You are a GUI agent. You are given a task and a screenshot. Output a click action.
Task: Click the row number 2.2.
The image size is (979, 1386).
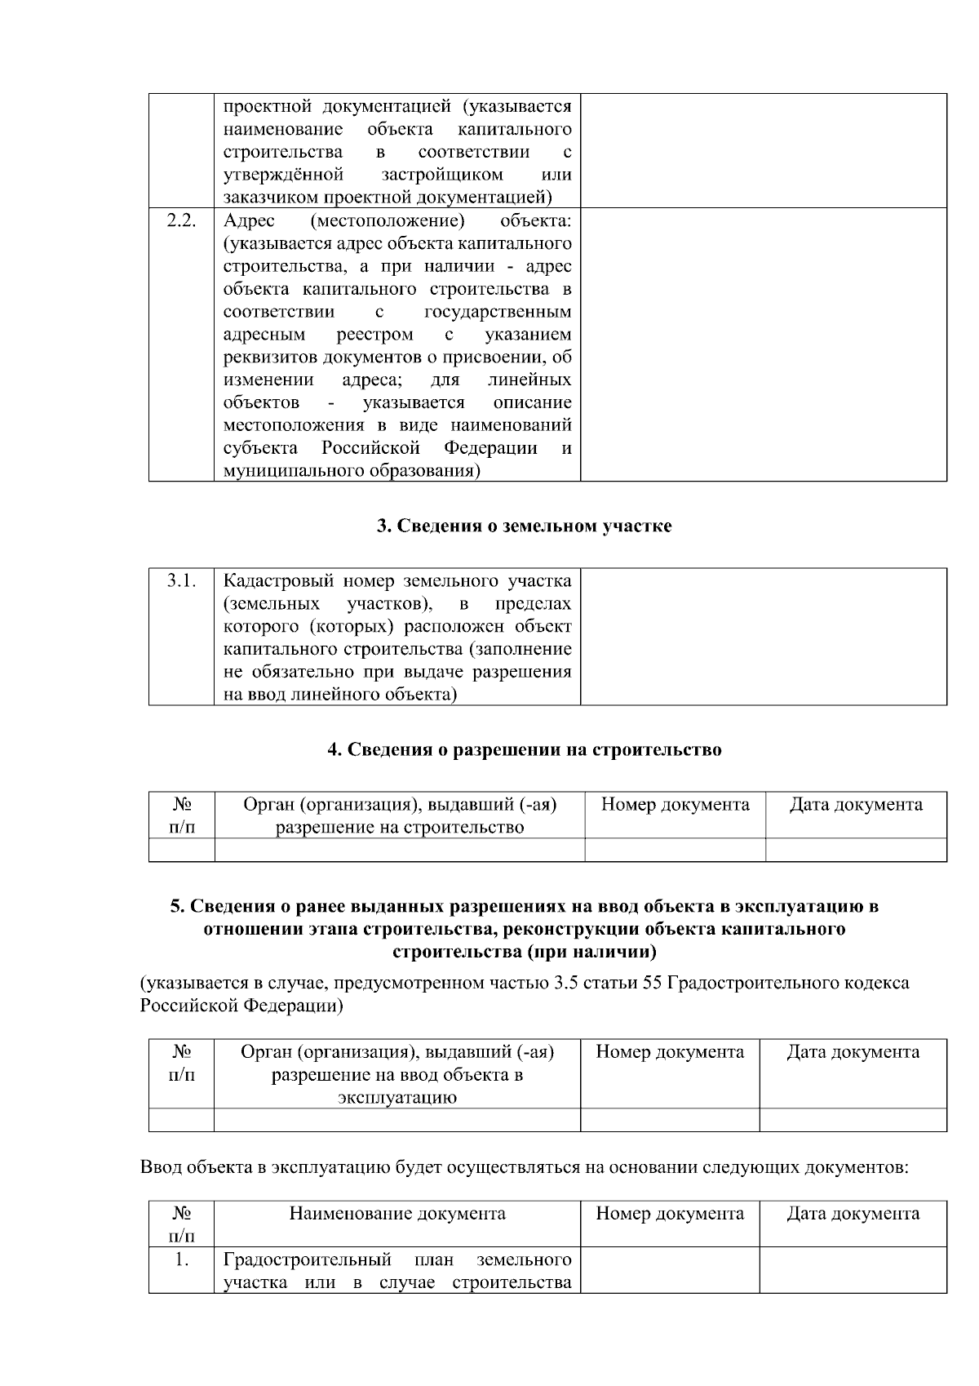181,221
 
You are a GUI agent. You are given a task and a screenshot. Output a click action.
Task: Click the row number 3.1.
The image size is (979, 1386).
181,581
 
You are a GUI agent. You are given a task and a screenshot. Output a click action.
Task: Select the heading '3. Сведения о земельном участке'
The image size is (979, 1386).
524,526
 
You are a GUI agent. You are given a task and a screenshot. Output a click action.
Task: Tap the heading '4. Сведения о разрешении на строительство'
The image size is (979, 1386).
524,749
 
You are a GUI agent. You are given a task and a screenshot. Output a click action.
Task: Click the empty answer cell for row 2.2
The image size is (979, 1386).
763,344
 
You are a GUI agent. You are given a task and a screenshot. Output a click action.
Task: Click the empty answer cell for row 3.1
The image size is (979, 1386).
763,637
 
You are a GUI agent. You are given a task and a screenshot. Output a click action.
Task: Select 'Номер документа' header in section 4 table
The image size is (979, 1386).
675,805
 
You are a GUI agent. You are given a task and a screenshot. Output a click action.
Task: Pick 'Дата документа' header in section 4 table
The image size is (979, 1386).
856,805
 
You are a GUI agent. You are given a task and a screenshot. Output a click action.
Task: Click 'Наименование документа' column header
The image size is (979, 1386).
397,1214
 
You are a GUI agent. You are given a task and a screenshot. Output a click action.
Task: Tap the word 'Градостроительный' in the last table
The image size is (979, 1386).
307,1259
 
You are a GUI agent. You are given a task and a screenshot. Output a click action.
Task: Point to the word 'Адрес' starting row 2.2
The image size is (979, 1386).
249,221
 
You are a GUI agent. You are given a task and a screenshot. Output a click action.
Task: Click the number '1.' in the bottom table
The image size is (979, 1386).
181,1259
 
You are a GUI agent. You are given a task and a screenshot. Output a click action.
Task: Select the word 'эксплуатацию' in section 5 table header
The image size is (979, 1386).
397,1097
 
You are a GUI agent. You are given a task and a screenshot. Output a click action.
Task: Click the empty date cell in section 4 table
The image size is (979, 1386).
856,850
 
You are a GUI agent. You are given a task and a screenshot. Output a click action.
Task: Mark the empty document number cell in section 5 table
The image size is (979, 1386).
670,1119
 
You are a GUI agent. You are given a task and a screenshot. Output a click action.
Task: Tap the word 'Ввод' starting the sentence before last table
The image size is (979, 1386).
161,1167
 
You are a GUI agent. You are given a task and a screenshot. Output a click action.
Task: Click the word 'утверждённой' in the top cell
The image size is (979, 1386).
282,175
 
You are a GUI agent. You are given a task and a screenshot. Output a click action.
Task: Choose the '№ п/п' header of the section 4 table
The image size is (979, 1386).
181,815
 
